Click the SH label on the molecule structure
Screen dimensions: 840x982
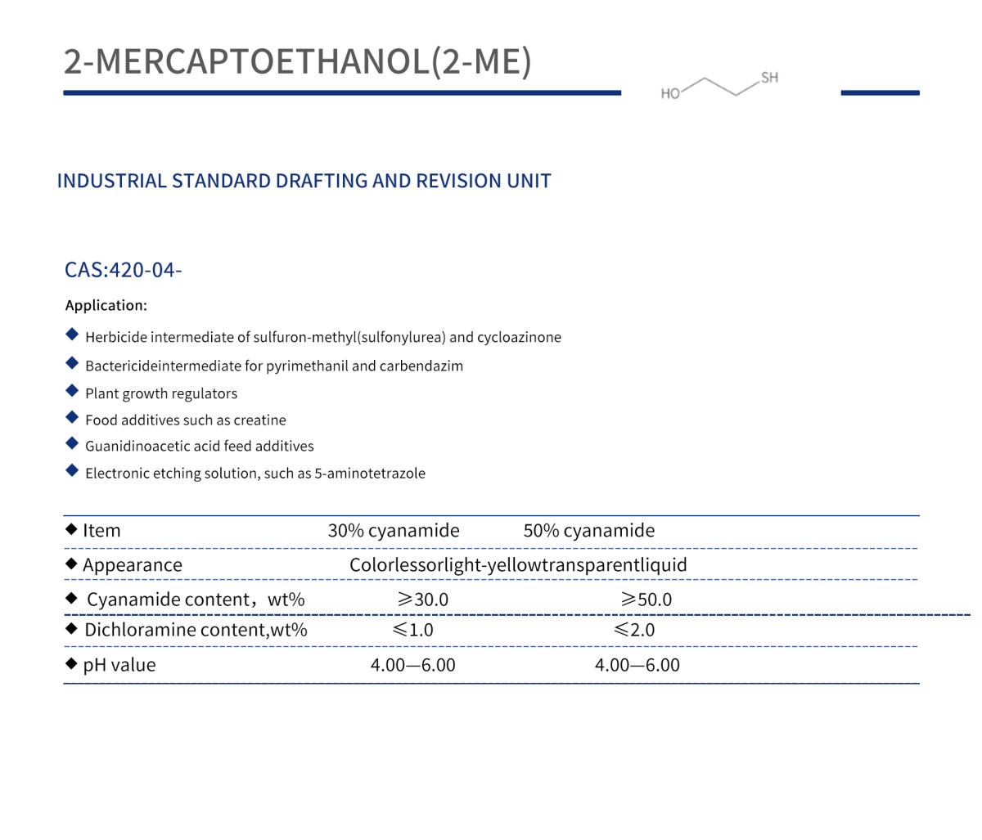pos(769,78)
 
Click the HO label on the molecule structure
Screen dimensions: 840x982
pos(670,94)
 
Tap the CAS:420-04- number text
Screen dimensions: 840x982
pos(123,270)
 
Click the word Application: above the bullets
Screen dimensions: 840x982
pos(106,305)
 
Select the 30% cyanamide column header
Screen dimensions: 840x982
pos(394,530)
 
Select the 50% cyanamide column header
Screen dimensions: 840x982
pos(589,530)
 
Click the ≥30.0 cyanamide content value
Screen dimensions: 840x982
pos(423,600)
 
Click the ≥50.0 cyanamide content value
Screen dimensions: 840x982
pos(646,600)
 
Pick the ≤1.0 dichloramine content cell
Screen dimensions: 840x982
pos(413,630)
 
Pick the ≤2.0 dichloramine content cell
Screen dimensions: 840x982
pos(634,630)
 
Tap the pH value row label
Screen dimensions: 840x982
pos(119,665)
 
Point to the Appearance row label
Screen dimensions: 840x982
pos(133,565)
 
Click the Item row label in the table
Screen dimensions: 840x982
pos(101,530)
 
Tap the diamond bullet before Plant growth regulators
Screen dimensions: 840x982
pos(72,391)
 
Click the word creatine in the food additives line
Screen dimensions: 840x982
pos(259,420)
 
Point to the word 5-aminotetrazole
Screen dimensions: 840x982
pos(370,473)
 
